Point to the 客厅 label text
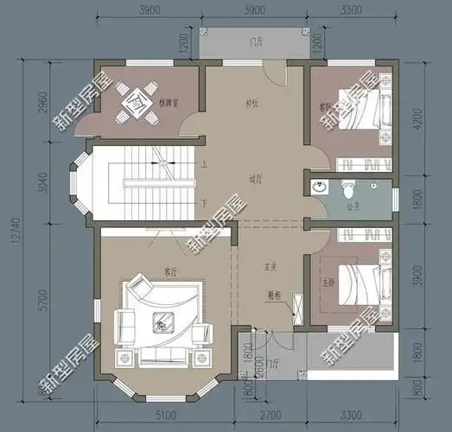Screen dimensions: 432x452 pos(170,271)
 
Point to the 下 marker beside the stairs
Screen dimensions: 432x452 pos(204,202)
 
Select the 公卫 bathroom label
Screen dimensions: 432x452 pos(353,206)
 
